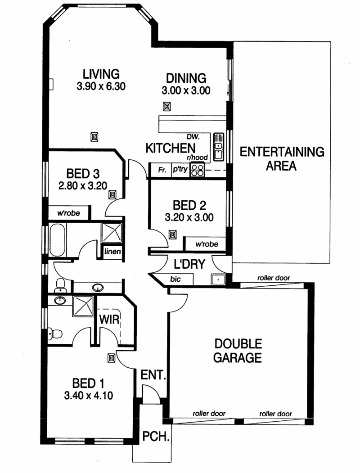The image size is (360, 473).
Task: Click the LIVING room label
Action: click(101, 74)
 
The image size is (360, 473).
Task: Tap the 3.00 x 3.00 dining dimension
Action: click(186, 90)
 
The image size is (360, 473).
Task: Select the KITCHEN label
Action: click(171, 148)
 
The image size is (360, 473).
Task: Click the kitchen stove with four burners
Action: click(198, 170)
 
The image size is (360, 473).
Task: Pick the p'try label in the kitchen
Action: click(180, 169)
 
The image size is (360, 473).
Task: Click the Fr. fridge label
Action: click(162, 170)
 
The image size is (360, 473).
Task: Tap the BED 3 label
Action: click(83, 174)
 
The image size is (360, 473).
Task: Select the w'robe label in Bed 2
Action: click(207, 244)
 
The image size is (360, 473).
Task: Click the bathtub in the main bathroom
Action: click(57, 240)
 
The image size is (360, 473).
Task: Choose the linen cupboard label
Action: click(112, 251)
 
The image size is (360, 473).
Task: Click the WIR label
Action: click(109, 319)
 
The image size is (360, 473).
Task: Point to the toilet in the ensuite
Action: click(55, 334)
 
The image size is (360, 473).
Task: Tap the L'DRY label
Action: click(189, 264)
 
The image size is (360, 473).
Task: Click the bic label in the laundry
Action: click(175, 279)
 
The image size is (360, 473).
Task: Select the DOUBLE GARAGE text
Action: click(238, 351)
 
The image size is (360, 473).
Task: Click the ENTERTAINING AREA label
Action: click(282, 159)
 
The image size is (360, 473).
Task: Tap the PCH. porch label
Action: click(155, 436)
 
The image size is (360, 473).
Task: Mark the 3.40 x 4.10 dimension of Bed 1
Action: click(88, 395)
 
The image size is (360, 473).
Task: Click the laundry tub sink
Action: click(217, 279)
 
